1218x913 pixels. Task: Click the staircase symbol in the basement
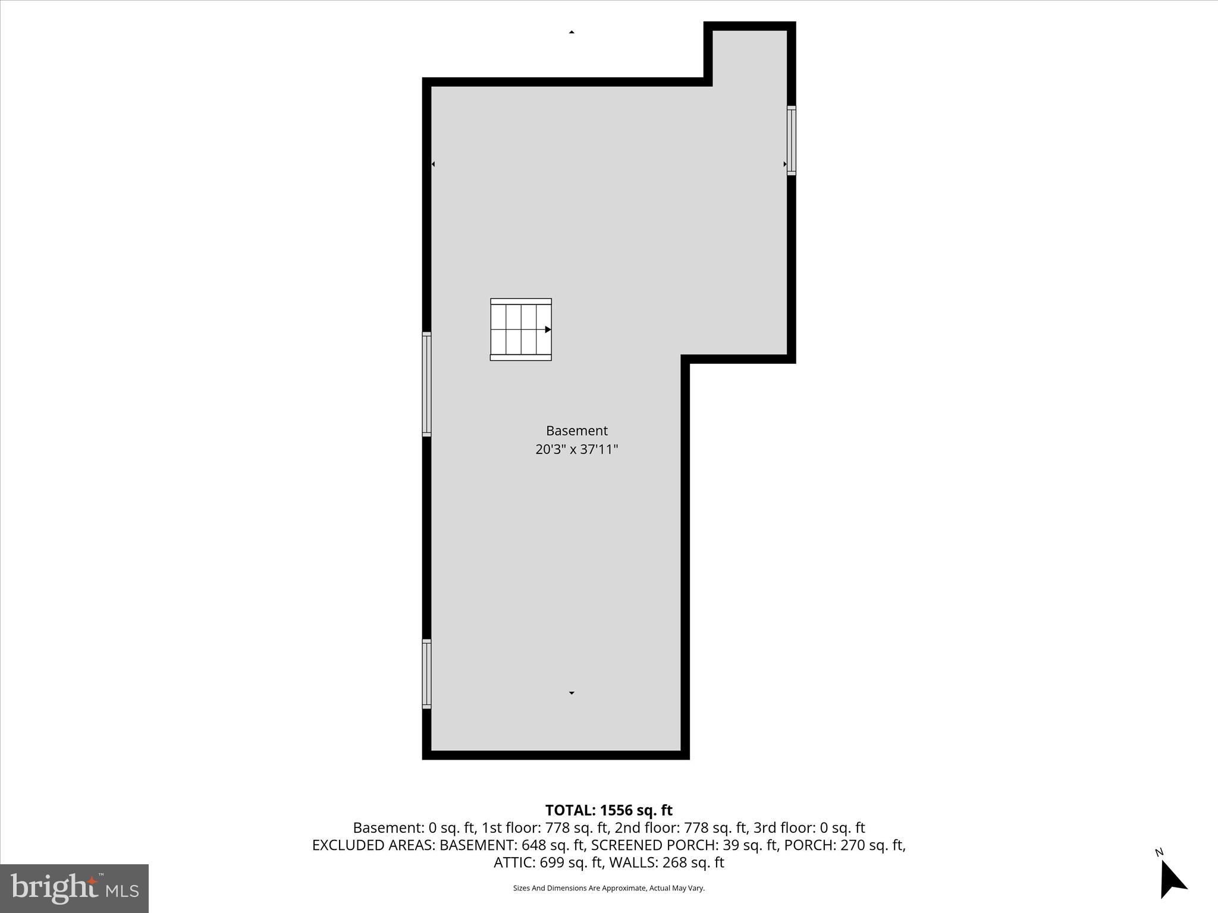tap(520, 329)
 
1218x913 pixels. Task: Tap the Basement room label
tap(576, 430)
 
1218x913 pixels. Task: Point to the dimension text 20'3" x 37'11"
tap(576, 449)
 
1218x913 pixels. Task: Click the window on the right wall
tap(791, 140)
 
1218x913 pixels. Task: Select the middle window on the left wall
tap(426, 384)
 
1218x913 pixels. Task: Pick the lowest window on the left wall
tap(426, 673)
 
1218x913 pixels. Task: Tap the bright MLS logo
tap(74, 888)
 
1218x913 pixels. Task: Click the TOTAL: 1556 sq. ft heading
tap(608, 810)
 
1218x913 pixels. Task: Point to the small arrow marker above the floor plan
tap(572, 32)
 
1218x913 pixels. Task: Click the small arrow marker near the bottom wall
tap(572, 693)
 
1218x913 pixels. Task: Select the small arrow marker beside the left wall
tap(434, 164)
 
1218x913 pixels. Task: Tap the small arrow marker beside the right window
tap(784, 164)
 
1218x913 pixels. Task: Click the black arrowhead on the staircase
tap(548, 329)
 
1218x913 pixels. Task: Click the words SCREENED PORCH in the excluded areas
tap(654, 845)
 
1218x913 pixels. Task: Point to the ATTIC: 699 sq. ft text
tap(548, 862)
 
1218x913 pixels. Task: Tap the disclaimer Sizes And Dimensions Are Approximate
tap(608, 888)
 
